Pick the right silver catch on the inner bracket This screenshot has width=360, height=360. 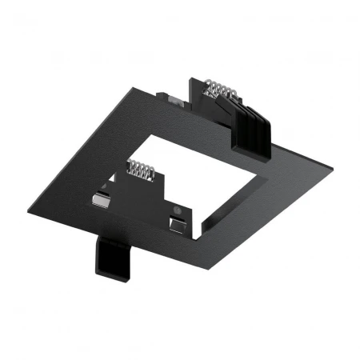click(x=177, y=222)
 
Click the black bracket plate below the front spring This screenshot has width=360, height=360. click(x=144, y=192)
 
